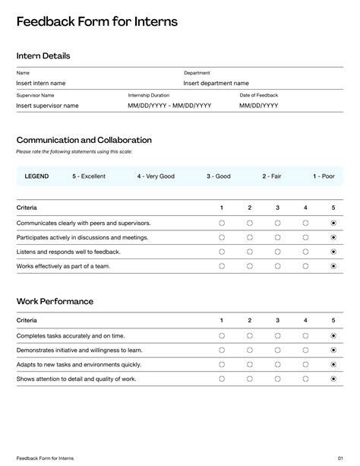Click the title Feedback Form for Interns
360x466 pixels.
97,22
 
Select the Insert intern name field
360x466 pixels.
41,83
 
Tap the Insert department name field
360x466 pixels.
216,83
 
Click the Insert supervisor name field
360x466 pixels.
47,106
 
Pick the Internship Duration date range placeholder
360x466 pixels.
169,106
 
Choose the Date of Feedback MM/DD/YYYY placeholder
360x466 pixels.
258,106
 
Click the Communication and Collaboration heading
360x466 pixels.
84,140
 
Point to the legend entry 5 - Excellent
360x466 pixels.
89,176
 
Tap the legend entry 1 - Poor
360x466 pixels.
324,176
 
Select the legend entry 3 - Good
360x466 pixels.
218,176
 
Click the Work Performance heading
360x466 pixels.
55,301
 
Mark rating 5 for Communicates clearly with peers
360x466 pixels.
333,223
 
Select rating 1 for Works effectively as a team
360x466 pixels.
222,266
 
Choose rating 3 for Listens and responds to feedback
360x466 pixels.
277,252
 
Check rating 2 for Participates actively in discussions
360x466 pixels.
250,237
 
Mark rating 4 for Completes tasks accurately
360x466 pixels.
305,335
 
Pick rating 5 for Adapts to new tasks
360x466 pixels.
333,364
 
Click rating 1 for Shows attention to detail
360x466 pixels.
222,379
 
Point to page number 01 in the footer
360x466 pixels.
340,458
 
